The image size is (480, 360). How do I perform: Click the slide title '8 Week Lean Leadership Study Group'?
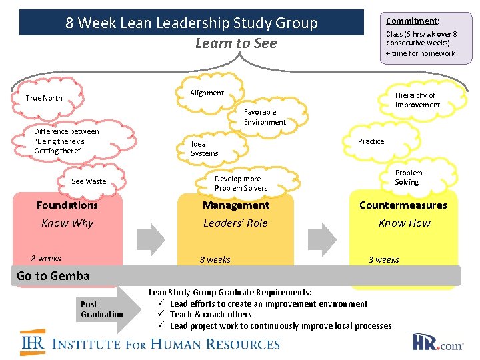point(191,23)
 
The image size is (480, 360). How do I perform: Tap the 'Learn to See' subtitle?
point(235,43)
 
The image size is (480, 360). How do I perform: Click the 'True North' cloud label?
point(44,98)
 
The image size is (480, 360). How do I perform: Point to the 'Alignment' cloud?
point(207,93)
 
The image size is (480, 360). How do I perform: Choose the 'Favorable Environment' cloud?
point(265,117)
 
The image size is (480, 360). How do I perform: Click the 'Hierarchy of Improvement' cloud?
point(417,100)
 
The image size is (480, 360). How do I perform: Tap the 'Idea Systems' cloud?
point(204,149)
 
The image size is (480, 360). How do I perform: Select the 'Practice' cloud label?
point(371,141)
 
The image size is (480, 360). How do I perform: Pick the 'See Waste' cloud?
point(89,181)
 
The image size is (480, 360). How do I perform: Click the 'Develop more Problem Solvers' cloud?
point(241,183)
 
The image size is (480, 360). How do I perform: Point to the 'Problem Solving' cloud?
point(407,177)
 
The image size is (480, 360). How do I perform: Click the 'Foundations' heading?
point(67,205)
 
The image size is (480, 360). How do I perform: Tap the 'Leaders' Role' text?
point(235,223)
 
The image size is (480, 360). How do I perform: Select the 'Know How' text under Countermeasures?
point(404,223)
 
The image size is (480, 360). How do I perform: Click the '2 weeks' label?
point(46,259)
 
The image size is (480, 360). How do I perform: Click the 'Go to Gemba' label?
point(53,276)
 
